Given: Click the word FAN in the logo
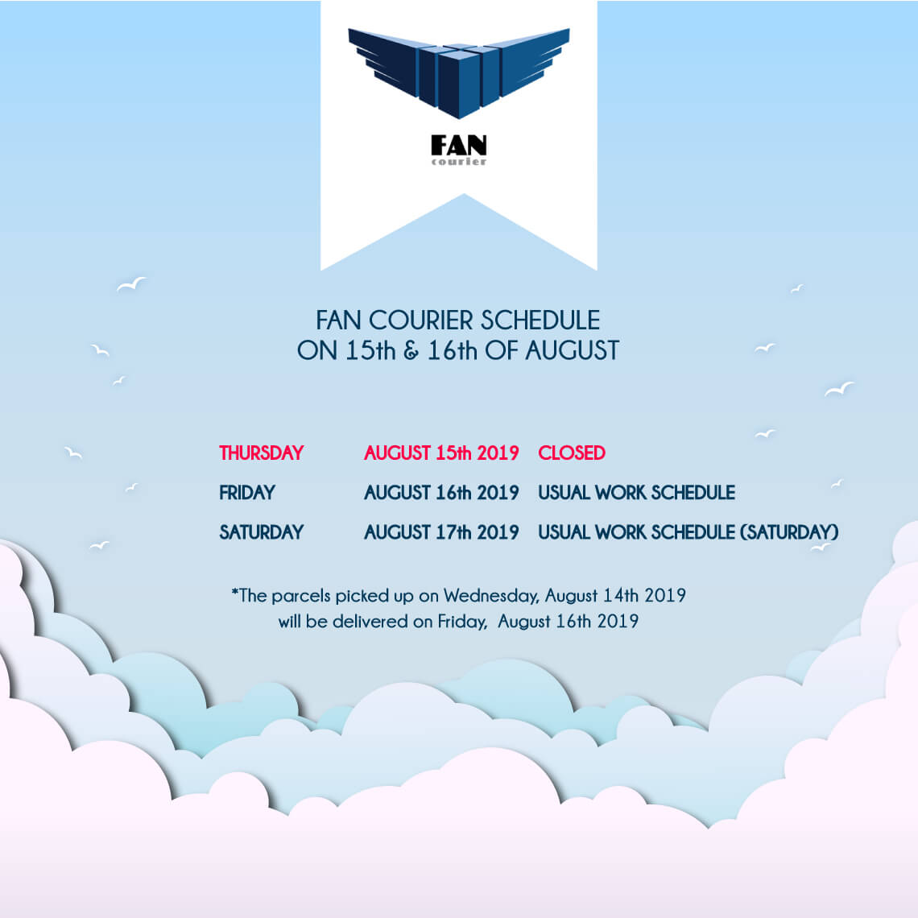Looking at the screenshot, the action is pos(458,145).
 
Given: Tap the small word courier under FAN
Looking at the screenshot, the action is pos(458,162).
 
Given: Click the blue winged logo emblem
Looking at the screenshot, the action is pos(458,72).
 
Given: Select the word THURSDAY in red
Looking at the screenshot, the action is pos(261,453).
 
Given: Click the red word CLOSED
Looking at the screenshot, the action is pos(572,453).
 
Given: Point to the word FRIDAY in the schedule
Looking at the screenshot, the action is pos(247,492).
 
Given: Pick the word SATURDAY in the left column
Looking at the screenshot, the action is pos(261,532).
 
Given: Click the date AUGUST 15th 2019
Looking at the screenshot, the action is pos(441,453).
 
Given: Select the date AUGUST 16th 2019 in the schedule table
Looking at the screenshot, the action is pos(441,492).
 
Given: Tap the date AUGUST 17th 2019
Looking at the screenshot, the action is pos(441,532).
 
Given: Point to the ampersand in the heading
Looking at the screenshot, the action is pos(411,350).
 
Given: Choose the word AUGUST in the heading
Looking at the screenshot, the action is pos(572,350).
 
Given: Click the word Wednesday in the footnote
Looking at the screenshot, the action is pos(490,596).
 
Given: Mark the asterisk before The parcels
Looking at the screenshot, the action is pos(235,592).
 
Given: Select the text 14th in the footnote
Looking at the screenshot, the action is pos(621,595).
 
